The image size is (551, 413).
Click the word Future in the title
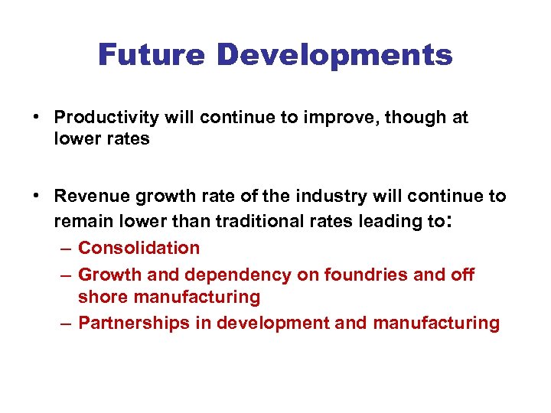click(x=151, y=55)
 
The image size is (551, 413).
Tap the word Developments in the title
click(x=334, y=56)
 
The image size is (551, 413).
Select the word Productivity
click(x=105, y=118)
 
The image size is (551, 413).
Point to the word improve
click(x=344, y=118)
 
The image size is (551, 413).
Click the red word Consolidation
click(x=139, y=248)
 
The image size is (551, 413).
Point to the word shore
click(x=103, y=297)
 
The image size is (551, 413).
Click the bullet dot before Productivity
click(x=37, y=118)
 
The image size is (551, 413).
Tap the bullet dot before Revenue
click(x=37, y=197)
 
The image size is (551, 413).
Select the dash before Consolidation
click(x=66, y=249)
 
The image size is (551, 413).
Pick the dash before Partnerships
click(x=66, y=324)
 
